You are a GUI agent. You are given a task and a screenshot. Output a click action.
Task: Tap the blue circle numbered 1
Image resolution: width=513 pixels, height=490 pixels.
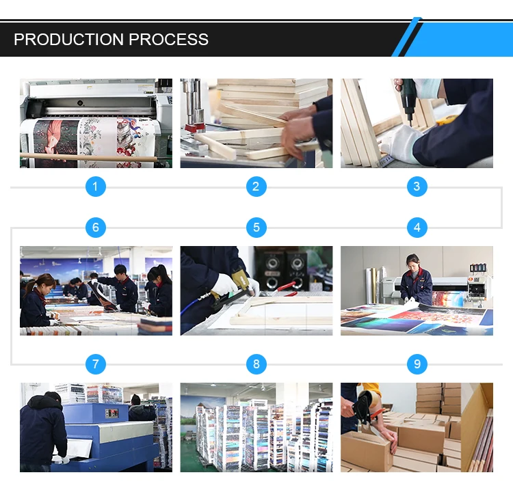[96, 187]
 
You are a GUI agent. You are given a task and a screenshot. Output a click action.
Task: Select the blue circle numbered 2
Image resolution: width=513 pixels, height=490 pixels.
[256, 187]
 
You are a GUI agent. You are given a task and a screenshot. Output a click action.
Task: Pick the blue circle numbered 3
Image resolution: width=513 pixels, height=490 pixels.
[417, 187]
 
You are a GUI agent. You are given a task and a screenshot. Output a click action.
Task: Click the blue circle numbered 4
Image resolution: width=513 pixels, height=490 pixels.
[417, 228]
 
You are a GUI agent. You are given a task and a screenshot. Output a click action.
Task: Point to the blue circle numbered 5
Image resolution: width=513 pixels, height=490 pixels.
[256, 228]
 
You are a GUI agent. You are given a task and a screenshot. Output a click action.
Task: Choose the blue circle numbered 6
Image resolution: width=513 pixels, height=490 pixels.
[96, 228]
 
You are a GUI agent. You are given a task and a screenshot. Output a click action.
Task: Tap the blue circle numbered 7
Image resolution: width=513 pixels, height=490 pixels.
[96, 364]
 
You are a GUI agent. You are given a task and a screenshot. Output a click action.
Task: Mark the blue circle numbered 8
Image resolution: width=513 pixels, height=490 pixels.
[256, 364]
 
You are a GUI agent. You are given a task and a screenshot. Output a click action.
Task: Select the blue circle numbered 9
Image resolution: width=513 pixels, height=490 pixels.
[417, 364]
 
